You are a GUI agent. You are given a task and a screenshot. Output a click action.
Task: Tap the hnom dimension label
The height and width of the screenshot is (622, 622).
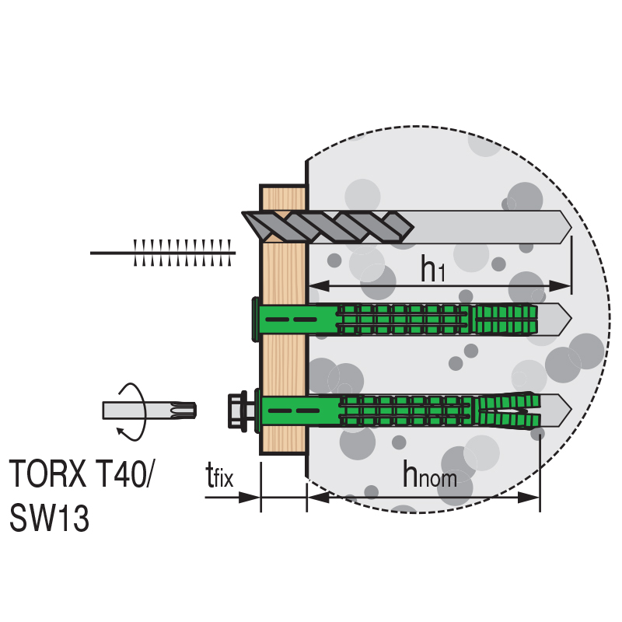[x=430, y=474]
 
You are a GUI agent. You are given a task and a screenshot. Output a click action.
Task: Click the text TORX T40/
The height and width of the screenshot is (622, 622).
[x=80, y=473]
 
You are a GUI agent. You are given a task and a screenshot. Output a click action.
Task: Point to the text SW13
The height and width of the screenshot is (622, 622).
[x=49, y=518]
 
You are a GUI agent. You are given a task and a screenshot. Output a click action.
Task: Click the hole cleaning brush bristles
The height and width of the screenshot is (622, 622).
[x=183, y=253]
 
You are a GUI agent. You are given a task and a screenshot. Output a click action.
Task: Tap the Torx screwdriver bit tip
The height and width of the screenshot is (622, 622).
[x=183, y=411]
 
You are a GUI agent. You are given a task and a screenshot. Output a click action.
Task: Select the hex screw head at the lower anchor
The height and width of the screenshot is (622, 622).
[x=237, y=411]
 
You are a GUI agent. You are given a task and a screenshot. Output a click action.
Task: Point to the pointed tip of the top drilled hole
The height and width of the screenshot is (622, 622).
[x=571, y=228]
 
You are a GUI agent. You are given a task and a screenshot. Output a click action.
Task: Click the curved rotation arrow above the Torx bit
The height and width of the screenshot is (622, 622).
[x=132, y=393]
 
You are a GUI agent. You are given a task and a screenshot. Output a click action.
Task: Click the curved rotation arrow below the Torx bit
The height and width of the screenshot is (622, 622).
[x=131, y=432]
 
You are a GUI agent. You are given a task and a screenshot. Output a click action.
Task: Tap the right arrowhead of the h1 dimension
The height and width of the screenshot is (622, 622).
[x=560, y=285]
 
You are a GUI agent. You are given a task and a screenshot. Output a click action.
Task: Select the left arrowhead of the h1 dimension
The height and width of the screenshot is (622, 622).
[x=319, y=285]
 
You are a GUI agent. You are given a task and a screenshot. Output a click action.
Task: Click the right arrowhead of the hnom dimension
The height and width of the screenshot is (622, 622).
[x=529, y=497]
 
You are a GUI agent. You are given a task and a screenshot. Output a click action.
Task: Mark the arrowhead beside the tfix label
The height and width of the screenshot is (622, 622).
[x=249, y=497]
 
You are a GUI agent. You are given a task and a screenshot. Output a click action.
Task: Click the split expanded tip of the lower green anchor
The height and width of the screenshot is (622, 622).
[x=507, y=411]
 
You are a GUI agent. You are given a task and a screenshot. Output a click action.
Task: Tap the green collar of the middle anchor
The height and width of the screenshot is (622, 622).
[x=256, y=319]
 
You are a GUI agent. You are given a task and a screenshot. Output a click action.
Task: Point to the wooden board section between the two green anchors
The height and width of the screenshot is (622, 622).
[x=284, y=365]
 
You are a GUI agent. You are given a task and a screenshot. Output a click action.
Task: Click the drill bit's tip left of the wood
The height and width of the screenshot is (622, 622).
[x=243, y=213]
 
